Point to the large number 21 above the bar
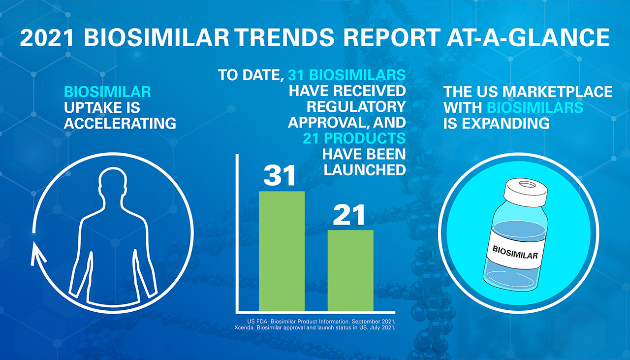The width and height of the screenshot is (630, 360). pyautogui.click(x=349, y=215)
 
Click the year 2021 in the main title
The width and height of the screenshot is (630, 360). pyautogui.click(x=49, y=39)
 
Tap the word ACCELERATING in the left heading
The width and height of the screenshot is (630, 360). pyautogui.click(x=120, y=123)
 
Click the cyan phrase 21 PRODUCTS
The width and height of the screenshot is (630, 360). pyautogui.click(x=354, y=138)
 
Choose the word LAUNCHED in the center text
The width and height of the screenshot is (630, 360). pyautogui.click(x=365, y=169)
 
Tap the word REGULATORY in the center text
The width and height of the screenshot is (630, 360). pyautogui.click(x=356, y=107)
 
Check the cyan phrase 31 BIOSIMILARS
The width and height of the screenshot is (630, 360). pyautogui.click(x=347, y=75)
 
